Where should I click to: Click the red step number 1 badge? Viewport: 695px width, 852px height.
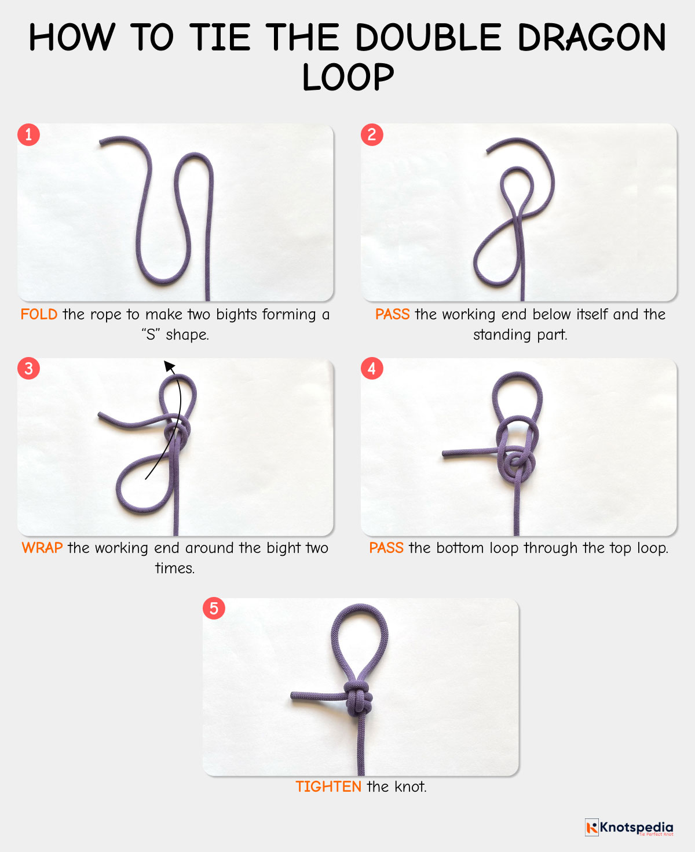(x=28, y=135)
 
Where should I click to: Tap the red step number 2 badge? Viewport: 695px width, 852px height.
(x=372, y=135)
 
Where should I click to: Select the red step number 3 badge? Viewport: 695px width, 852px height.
(x=28, y=369)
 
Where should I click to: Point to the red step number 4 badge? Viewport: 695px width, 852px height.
(x=372, y=369)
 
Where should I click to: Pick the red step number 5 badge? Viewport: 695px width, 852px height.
(x=214, y=609)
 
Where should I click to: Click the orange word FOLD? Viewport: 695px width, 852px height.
(x=39, y=315)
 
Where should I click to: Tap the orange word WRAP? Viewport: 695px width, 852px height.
(x=42, y=548)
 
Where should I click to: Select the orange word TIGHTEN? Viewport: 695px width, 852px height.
(x=328, y=787)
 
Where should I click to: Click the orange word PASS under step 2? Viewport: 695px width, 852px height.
(x=392, y=315)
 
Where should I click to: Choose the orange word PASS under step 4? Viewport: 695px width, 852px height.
(x=386, y=548)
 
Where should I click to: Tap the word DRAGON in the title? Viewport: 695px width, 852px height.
(x=591, y=38)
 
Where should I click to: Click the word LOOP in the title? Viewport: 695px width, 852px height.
(x=348, y=77)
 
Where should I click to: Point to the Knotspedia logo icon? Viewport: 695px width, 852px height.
(x=591, y=827)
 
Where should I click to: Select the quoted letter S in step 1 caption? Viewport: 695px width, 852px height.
(x=151, y=335)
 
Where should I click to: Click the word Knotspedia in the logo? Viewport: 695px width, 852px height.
(x=637, y=826)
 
